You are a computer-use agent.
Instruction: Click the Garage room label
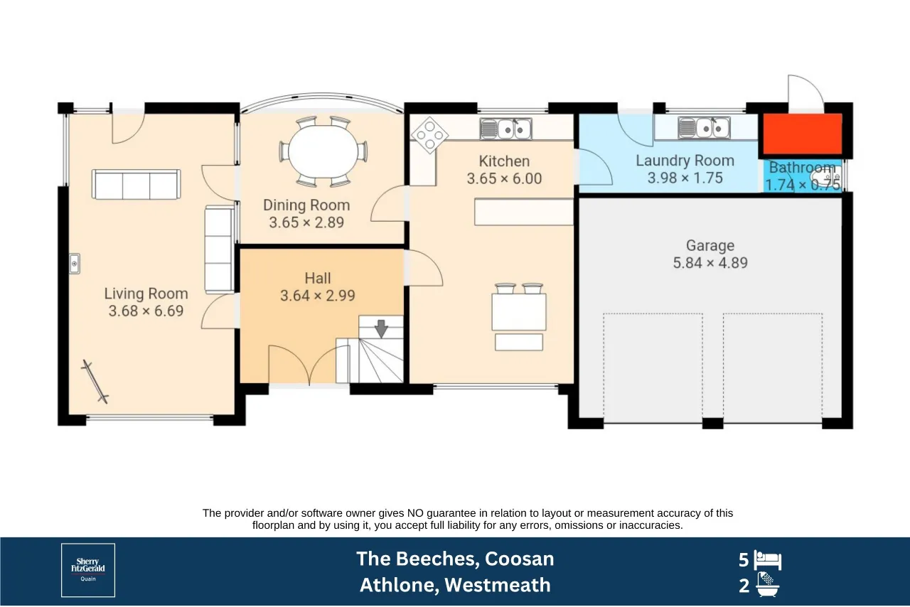(710, 245)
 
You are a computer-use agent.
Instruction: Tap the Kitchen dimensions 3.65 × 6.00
(504, 179)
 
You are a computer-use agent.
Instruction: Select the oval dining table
(323, 151)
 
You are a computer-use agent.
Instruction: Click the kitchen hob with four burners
(429, 135)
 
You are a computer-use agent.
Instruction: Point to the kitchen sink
(505, 129)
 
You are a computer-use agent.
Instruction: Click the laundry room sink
(704, 129)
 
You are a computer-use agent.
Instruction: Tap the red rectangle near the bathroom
(803, 134)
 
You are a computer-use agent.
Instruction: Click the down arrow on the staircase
(381, 328)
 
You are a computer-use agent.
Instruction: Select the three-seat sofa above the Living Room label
(136, 184)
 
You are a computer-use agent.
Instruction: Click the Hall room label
(318, 279)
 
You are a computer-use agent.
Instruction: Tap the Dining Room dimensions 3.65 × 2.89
(306, 222)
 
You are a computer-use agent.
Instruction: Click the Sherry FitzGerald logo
(88, 570)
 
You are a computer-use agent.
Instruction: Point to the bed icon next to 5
(768, 560)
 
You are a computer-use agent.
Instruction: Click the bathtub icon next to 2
(767, 585)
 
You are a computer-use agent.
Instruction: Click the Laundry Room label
(685, 161)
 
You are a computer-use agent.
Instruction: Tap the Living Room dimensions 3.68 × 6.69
(146, 311)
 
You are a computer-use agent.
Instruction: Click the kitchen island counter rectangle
(524, 212)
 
